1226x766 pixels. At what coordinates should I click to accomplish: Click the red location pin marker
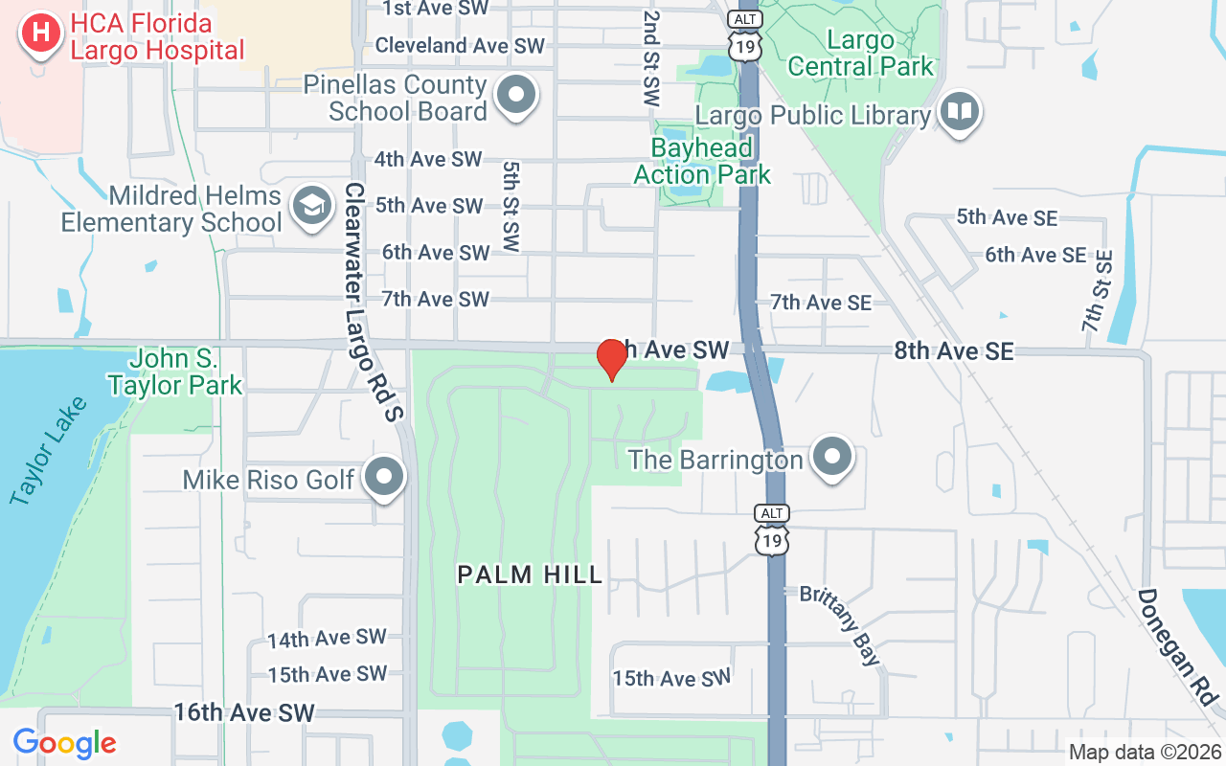pyautogui.click(x=611, y=360)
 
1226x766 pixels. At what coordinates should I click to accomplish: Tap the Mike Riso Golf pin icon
pyautogui.click(x=385, y=476)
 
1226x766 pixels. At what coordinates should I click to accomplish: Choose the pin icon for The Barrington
pyautogui.click(x=831, y=457)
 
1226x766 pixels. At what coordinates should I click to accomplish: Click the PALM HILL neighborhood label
pyautogui.click(x=530, y=574)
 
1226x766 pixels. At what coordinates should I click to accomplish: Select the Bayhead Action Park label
pyautogui.click(x=702, y=161)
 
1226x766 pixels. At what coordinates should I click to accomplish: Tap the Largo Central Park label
pyautogui.click(x=860, y=54)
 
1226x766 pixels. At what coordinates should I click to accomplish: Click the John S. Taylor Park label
pyautogui.click(x=174, y=372)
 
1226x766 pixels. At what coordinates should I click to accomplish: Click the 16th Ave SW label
pyautogui.click(x=243, y=712)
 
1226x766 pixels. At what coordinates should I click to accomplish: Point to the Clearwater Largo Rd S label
pyautogui.click(x=375, y=301)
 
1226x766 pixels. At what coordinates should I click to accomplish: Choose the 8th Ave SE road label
pyautogui.click(x=953, y=351)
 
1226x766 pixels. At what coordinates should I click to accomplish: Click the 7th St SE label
pyautogui.click(x=1098, y=291)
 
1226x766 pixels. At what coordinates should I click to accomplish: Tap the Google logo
pyautogui.click(x=64, y=742)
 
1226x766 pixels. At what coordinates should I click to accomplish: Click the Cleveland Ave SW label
pyautogui.click(x=460, y=45)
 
